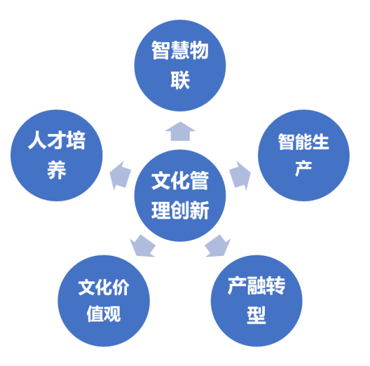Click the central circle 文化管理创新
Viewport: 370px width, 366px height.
180,196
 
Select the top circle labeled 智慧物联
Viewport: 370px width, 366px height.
180,65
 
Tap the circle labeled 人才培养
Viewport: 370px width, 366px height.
57,156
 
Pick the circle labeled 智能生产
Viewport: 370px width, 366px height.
303,156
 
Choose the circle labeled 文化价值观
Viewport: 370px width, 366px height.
104,301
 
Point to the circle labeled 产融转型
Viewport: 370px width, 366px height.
256,301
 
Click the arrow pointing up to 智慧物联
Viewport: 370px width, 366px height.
180,132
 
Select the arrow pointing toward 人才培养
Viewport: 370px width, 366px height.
120,175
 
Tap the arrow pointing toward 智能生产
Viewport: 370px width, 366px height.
240,175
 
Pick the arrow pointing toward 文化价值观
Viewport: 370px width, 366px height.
142,245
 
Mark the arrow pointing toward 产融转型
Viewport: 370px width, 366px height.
217,245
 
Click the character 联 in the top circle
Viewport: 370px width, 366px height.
180,81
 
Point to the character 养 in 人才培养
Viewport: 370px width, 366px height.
57,170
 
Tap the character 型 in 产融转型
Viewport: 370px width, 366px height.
256,315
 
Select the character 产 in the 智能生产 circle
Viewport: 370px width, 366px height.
303,168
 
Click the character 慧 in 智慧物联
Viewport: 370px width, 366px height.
180,50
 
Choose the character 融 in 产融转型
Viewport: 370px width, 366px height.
256,285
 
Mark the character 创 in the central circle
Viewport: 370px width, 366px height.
180,210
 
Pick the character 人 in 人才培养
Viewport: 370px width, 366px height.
37,140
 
